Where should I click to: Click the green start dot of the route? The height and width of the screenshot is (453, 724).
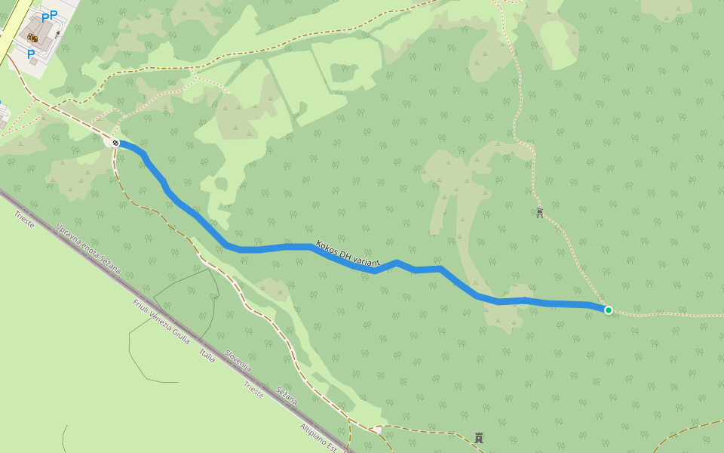pyautogui.click(x=609, y=310)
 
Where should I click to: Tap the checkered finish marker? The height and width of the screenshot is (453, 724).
pyautogui.click(x=115, y=143)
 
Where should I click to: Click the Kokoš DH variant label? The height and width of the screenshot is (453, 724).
pyautogui.click(x=348, y=254)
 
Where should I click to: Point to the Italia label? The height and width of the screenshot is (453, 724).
pyautogui.click(x=207, y=356)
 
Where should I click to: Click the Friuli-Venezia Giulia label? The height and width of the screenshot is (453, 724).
pyautogui.click(x=161, y=319)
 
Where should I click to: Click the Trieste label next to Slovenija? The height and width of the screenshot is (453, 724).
pyautogui.click(x=253, y=388)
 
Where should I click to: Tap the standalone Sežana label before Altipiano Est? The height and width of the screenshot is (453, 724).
pyautogui.click(x=287, y=395)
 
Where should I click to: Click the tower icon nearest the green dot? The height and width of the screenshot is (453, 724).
pyautogui.click(x=540, y=213)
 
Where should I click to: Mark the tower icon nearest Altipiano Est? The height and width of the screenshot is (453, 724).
pyautogui.click(x=478, y=437)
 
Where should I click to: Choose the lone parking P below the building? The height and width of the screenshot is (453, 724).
pyautogui.click(x=31, y=54)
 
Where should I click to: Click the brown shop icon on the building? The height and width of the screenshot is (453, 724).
pyautogui.click(x=32, y=37)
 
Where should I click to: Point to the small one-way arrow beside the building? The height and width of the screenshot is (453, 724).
pyautogui.click(x=57, y=33)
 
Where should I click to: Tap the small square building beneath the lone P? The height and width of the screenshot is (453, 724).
pyautogui.click(x=33, y=63)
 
